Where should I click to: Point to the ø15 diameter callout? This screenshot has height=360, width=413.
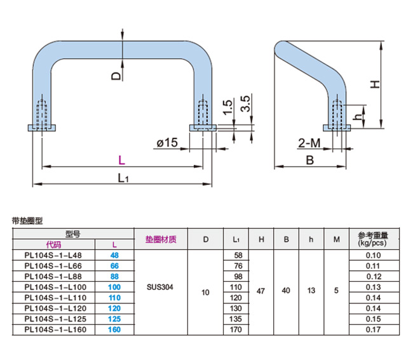(x=166, y=144)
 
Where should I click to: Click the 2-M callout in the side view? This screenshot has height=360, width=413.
(x=309, y=144)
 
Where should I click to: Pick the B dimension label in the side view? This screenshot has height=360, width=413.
(x=309, y=160)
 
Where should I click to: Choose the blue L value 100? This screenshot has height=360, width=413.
(x=115, y=287)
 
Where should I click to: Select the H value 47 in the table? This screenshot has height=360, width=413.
(x=261, y=291)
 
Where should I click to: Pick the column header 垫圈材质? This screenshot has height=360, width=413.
(x=160, y=240)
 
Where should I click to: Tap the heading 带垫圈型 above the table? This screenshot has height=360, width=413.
(x=27, y=221)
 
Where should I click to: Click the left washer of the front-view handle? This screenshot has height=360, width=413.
(x=43, y=128)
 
